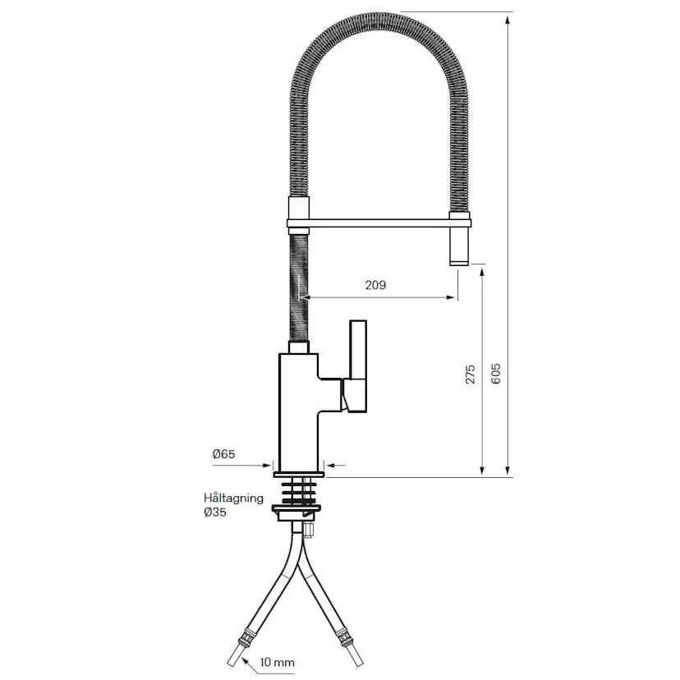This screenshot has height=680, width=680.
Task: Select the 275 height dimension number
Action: click(471, 374)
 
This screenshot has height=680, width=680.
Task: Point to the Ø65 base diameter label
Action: click(223, 453)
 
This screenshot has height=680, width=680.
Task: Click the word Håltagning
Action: click(233, 498)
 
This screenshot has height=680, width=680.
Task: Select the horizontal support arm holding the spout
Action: click(378, 222)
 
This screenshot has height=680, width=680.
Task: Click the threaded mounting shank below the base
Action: click(299, 492)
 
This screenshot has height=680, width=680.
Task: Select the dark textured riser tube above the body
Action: click(298, 287)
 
